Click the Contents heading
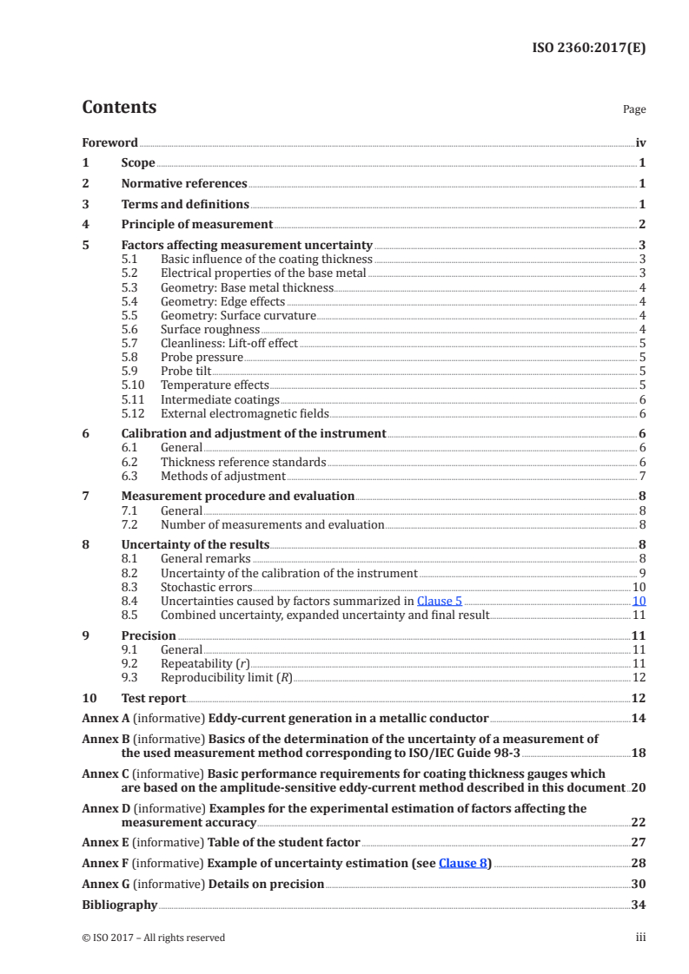pyautogui.click(x=119, y=108)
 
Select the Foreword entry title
pyautogui.click(x=109, y=142)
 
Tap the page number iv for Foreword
pyautogui.click(x=640, y=142)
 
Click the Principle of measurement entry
pyautogui.click(x=196, y=225)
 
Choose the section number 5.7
pyautogui.click(x=129, y=344)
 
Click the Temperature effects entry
pyautogui.click(x=215, y=385)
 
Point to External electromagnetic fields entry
pyautogui.click(x=244, y=414)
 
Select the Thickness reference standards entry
pyautogui.click(x=243, y=463)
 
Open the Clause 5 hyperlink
pyautogui.click(x=439, y=601)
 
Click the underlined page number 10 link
pyautogui.click(x=639, y=601)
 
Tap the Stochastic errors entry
pyautogui.click(x=206, y=587)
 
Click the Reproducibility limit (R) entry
pyautogui.click(x=227, y=677)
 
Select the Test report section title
pyautogui.click(x=153, y=698)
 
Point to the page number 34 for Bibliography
pyautogui.click(x=639, y=905)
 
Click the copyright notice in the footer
pyautogui.click(x=153, y=938)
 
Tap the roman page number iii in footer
pyautogui.click(x=640, y=938)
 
